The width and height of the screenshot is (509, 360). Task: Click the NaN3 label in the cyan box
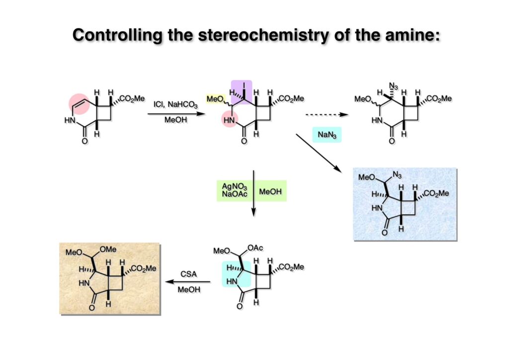(327, 134)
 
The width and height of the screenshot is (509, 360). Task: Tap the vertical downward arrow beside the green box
(254, 194)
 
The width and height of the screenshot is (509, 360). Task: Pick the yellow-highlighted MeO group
(215, 99)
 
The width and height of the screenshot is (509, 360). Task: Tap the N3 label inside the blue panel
(396, 175)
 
